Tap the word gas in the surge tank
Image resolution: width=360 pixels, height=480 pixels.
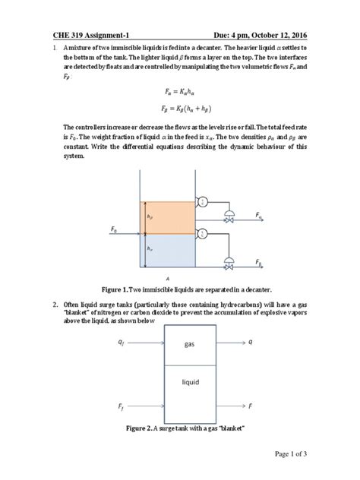[x=190, y=344]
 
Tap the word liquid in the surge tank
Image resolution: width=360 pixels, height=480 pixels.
[x=190, y=382]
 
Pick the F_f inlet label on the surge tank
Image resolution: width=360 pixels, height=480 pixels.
[x=122, y=407]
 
